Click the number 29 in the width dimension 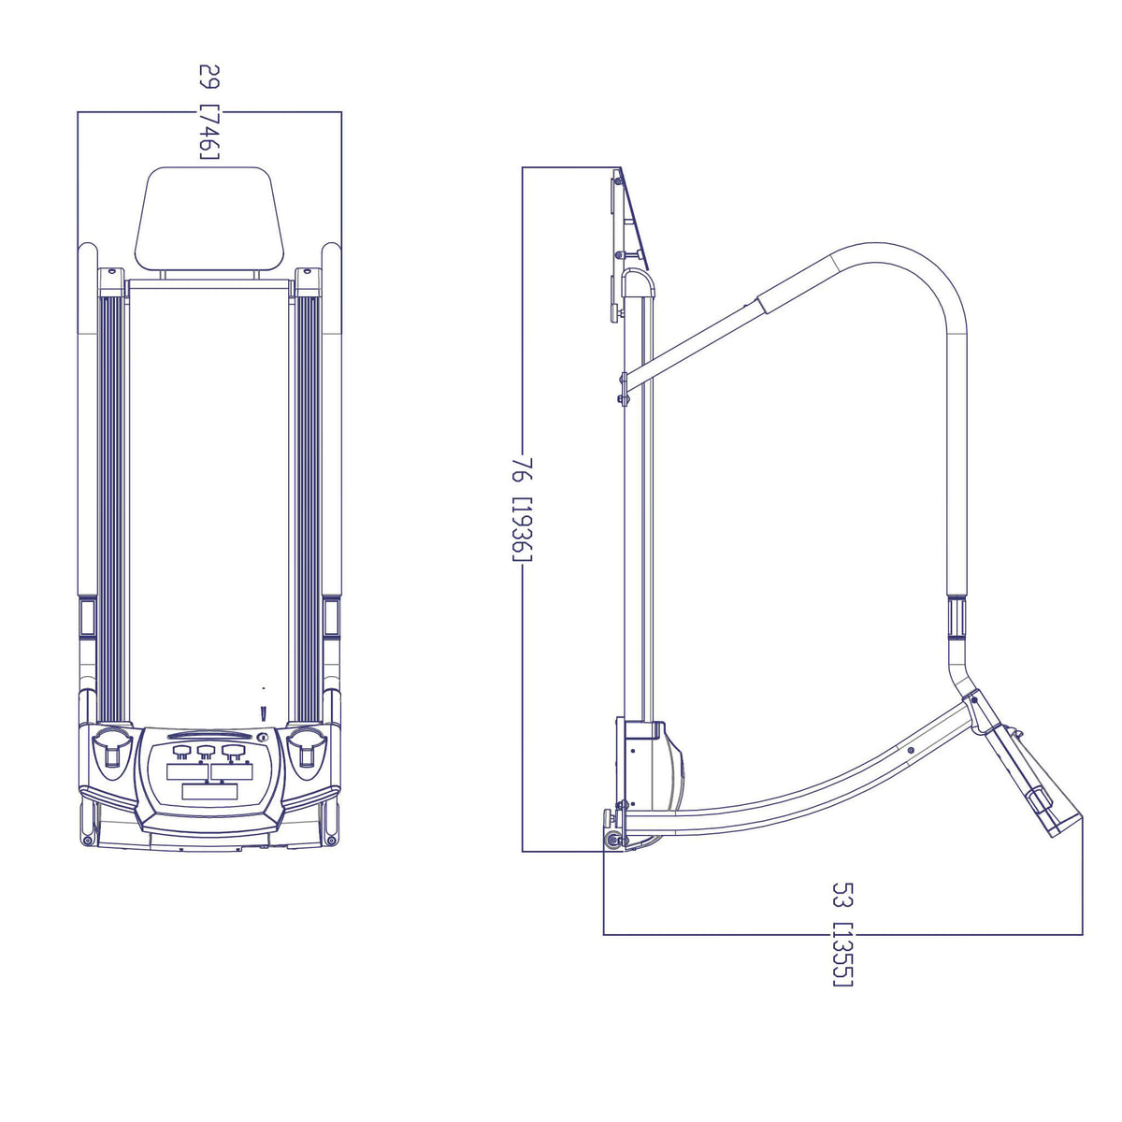click(209, 77)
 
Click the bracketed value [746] click(209, 132)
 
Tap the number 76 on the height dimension click(522, 470)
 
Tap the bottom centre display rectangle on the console click(209, 791)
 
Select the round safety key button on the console click(262, 737)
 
